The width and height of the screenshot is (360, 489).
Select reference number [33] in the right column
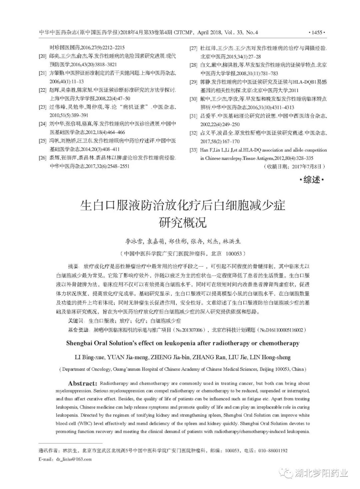(193, 150)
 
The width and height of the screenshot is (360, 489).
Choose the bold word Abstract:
(82, 384)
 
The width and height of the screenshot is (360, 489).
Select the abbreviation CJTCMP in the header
(184, 33)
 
